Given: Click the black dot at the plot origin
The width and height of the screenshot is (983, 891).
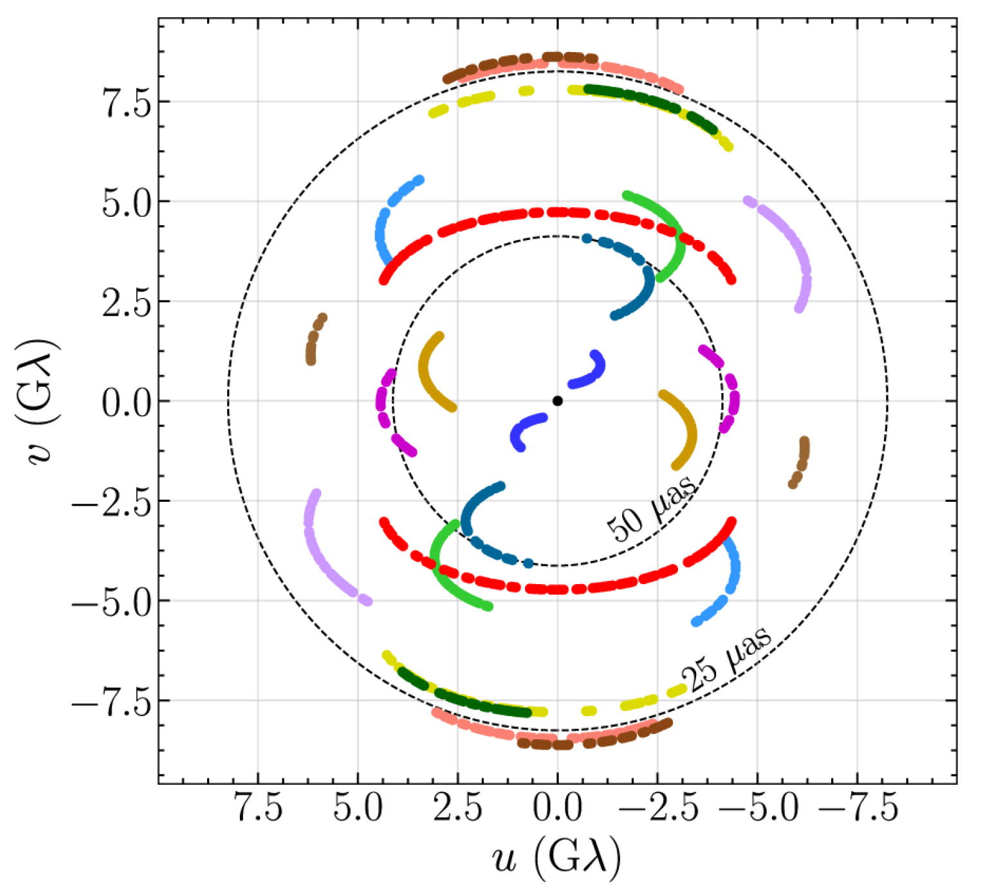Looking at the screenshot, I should click(x=557, y=401).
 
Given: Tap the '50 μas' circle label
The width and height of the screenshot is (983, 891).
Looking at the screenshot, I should click(x=651, y=509).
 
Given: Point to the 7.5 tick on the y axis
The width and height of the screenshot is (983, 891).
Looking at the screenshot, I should click(x=128, y=102).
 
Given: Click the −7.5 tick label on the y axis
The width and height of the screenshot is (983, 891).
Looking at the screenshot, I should click(x=112, y=701).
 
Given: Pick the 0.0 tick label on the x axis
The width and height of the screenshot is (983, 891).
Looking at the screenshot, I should click(x=557, y=807).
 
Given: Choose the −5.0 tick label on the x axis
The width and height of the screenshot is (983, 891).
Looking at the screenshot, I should click(x=757, y=807).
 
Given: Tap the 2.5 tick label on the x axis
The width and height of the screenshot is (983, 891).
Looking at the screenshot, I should click(x=457, y=807).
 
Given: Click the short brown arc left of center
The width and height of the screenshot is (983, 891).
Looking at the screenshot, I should click(x=314, y=338).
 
